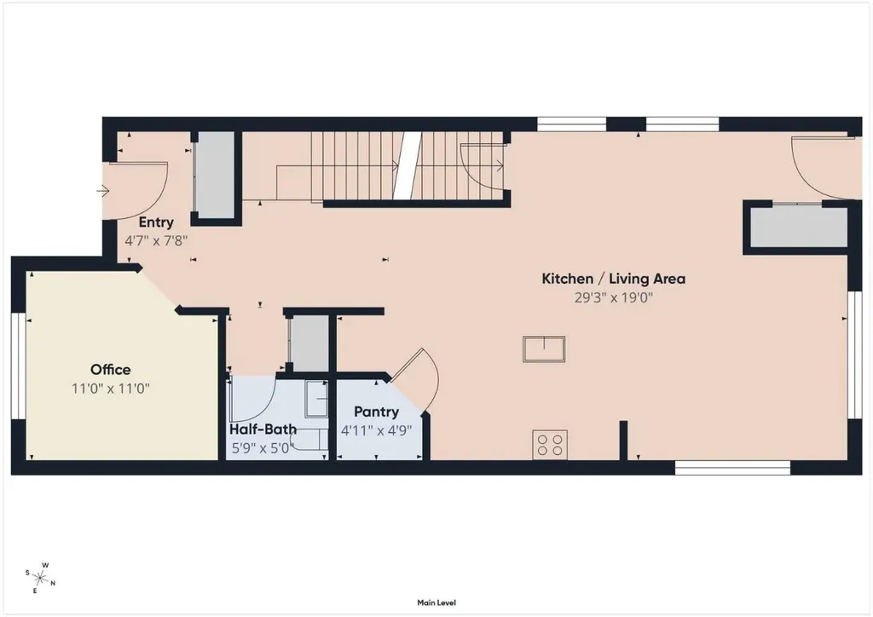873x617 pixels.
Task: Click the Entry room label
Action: tap(156, 222)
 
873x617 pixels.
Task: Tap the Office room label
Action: tap(111, 369)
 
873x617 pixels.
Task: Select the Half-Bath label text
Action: tap(263, 429)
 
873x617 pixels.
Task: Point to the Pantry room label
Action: tap(376, 412)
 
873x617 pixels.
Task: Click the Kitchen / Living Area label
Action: tap(614, 279)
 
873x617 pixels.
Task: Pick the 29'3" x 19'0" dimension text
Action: tap(614, 297)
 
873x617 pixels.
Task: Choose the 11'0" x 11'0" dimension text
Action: tap(111, 389)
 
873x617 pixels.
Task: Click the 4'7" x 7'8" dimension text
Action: tap(156, 241)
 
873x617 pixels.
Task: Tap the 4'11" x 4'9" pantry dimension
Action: tap(376, 430)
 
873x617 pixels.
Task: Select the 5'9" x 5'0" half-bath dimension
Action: tap(262, 448)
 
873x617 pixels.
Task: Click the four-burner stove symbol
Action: tap(550, 445)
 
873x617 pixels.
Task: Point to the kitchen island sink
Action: tap(544, 349)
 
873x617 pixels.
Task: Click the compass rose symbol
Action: tap(40, 578)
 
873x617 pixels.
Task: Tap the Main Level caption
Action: tap(436, 603)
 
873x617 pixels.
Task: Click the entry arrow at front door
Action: tap(103, 192)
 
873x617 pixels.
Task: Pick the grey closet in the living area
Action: tap(798, 227)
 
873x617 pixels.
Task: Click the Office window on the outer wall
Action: tap(19, 366)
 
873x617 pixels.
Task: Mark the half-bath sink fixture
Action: tap(316, 399)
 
